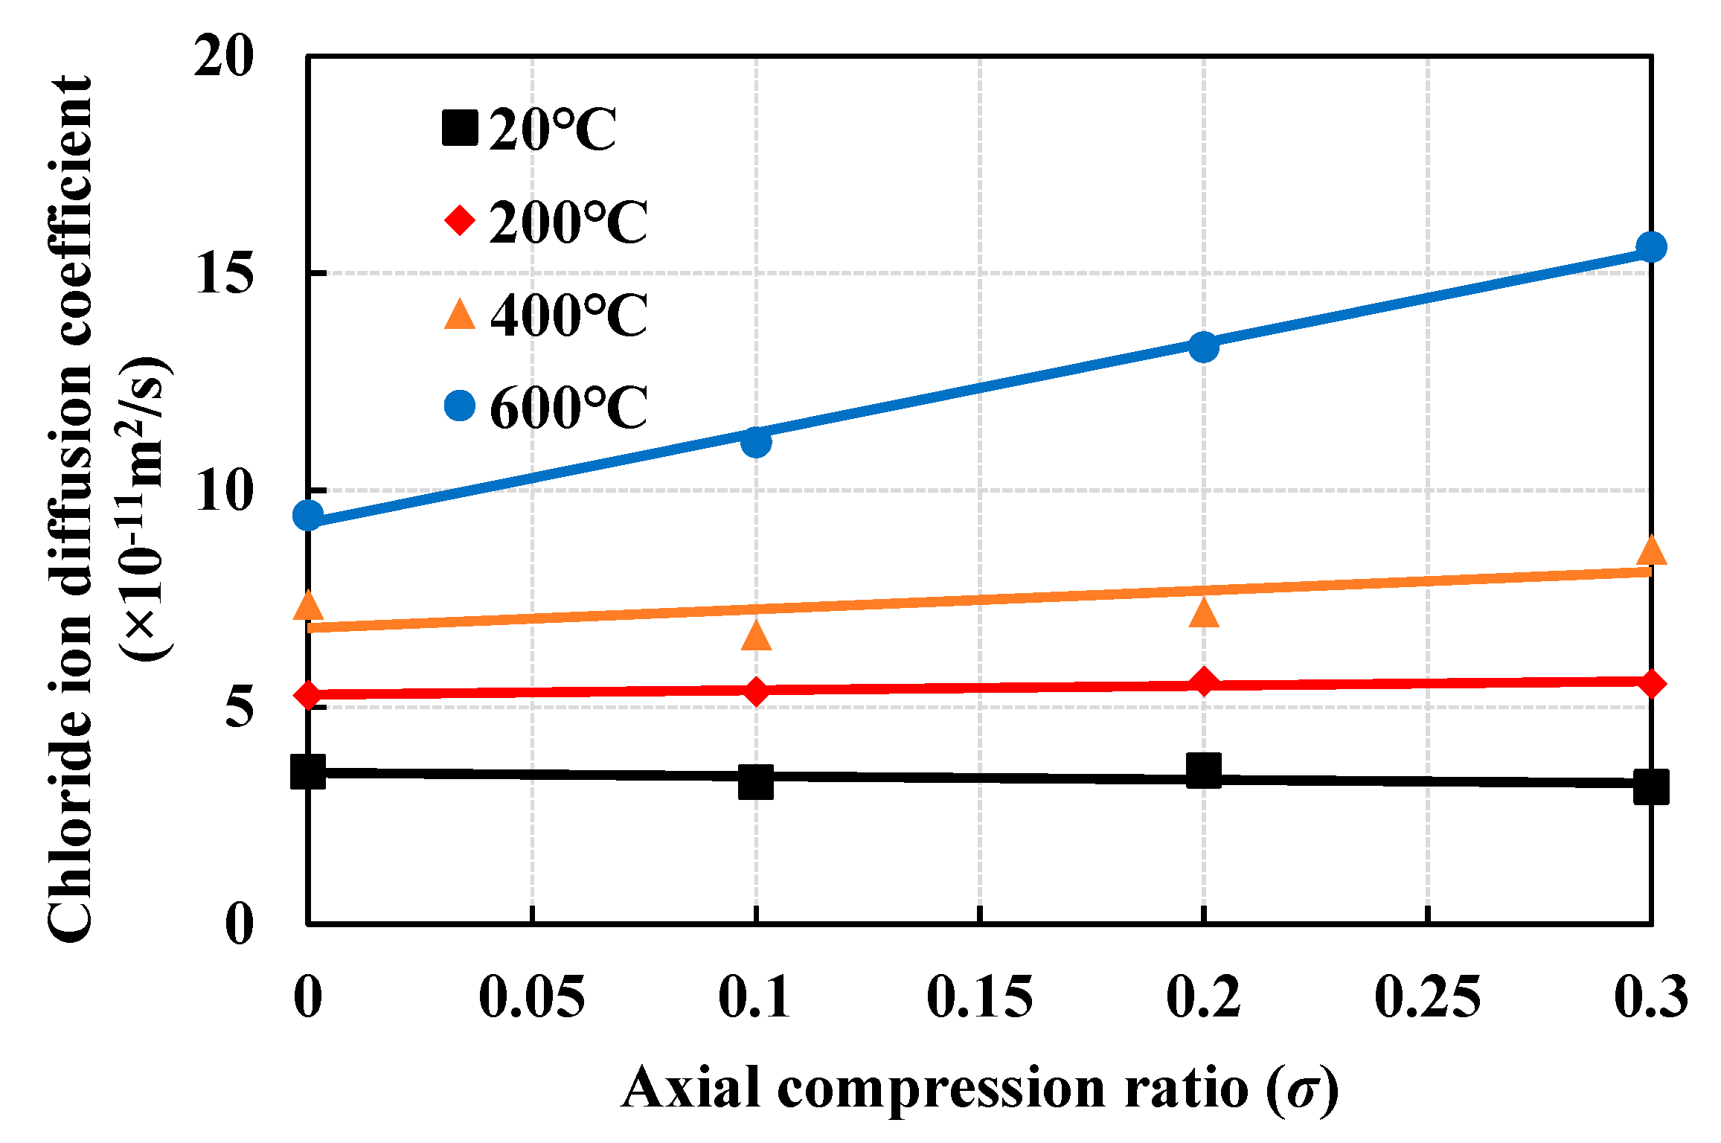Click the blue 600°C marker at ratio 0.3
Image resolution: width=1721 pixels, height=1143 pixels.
click(1651, 247)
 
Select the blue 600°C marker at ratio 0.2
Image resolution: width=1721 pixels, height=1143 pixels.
click(1203, 347)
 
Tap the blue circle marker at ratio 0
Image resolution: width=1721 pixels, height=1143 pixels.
click(308, 515)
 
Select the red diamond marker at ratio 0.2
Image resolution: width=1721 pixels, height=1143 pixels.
click(1203, 682)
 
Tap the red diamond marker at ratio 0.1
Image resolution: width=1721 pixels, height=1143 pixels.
click(756, 692)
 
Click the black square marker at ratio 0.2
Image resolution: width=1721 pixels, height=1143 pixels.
click(1203, 769)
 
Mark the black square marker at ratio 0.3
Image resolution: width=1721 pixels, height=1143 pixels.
click(1651, 787)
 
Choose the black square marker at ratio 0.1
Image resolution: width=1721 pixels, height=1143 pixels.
click(756, 782)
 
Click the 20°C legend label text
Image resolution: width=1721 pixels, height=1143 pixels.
click(552, 130)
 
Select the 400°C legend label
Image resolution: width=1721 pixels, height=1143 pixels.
click(568, 315)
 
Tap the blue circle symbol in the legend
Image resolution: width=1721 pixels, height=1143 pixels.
click(460, 405)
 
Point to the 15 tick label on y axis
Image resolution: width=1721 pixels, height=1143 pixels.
click(223, 273)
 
